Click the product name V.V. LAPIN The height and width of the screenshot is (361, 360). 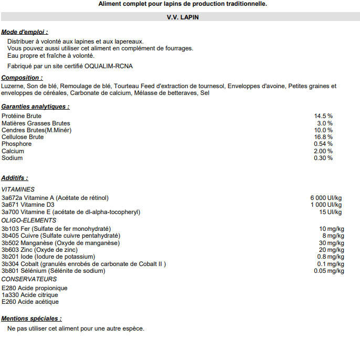[182, 17]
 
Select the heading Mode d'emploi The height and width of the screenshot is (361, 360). [24, 32]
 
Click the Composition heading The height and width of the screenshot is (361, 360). [22, 78]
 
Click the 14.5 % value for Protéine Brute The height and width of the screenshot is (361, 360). [323, 116]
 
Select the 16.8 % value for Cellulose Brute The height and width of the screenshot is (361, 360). [323, 137]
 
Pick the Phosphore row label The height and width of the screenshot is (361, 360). [16, 144]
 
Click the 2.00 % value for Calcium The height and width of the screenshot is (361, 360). [323, 151]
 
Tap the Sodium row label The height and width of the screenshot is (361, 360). [12, 158]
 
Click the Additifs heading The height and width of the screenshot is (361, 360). [15, 178]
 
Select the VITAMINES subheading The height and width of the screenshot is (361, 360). [18, 189]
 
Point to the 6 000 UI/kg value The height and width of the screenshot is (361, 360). [326, 198]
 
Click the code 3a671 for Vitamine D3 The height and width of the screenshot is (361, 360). [9, 205]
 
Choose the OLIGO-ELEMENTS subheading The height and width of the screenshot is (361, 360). [29, 220]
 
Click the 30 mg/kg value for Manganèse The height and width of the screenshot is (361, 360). [332, 243]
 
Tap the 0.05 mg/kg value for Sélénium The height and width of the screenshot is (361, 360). [329, 271]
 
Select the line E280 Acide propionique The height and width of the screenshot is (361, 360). [35, 288]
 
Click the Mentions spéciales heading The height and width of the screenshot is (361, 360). [31, 318]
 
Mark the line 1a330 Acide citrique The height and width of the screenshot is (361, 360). [30, 295]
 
